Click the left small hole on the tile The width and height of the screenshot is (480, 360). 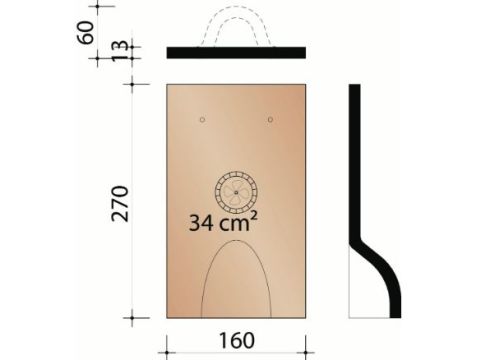202,121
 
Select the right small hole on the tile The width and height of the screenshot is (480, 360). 271,121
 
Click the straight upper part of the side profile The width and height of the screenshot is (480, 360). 354,160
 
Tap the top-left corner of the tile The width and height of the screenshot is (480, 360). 167,85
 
